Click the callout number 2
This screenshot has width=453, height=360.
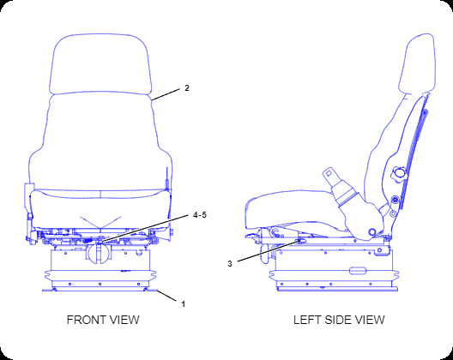(x=187, y=88)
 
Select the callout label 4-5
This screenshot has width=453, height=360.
(x=200, y=215)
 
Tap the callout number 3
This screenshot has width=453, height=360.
(x=230, y=264)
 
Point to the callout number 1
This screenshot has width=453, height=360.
(x=183, y=304)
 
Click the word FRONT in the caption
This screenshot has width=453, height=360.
(x=86, y=320)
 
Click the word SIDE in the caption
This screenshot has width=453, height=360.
(x=337, y=320)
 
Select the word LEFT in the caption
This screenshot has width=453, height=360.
(x=307, y=320)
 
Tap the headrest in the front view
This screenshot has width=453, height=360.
(x=100, y=64)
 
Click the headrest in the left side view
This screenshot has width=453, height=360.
(x=417, y=63)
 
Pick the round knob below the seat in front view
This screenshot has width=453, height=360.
(x=99, y=253)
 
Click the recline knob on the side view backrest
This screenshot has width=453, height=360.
(x=399, y=174)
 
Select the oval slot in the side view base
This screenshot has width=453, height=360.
(x=358, y=271)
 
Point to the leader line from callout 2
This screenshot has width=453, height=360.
(x=166, y=94)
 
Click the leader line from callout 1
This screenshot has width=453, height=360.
(x=166, y=296)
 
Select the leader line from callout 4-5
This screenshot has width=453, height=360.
(x=145, y=228)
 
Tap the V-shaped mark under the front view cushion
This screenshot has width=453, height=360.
(x=100, y=222)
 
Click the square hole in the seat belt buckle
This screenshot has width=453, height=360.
(x=329, y=173)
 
